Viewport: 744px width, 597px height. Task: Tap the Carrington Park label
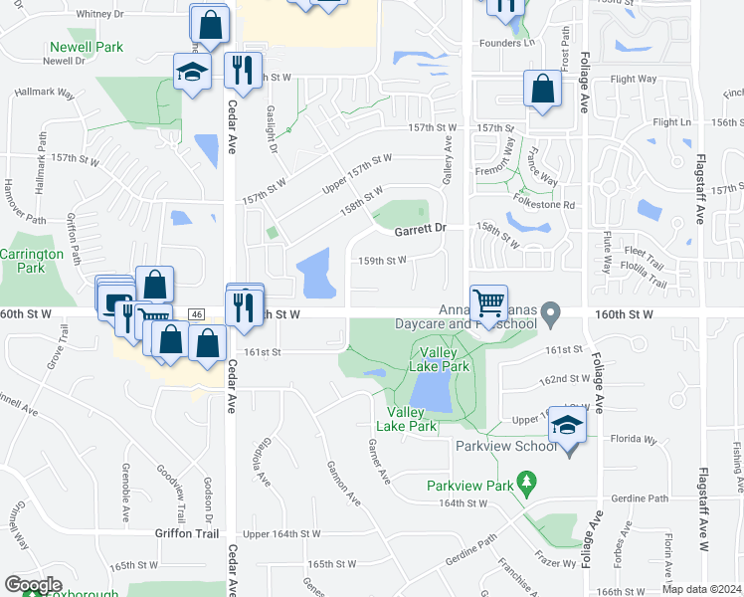pos(31,261)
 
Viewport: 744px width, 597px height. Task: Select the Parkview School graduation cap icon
pos(567,426)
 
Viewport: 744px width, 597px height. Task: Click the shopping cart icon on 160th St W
pos(488,303)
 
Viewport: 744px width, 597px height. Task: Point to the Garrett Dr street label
pos(419,229)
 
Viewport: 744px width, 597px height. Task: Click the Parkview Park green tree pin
pos(528,486)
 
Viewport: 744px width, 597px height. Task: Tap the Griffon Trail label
pos(186,533)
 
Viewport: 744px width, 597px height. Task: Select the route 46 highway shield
pos(197,314)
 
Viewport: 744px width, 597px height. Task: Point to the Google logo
pos(33,585)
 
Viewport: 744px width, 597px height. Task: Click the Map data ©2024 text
pos(701,588)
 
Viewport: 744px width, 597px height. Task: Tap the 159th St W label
pos(383,261)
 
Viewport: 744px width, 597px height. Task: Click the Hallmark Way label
pos(45,94)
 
